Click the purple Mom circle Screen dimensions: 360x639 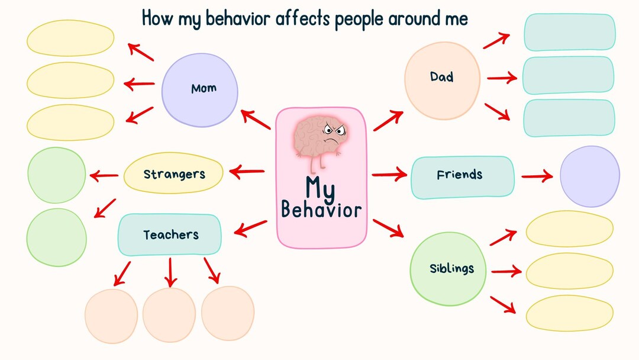[x=199, y=90]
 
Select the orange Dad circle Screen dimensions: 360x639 [x=442, y=80]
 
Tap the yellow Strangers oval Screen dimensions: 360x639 [x=173, y=173]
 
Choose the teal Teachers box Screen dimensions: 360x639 [x=170, y=235]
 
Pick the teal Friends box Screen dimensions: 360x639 [x=462, y=176]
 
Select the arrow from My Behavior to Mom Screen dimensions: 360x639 [x=256, y=120]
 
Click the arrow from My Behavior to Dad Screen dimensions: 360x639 [x=388, y=120]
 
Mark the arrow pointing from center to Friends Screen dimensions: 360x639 [x=389, y=175]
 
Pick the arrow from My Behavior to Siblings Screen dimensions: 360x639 [x=388, y=228]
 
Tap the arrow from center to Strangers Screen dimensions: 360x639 [x=246, y=172]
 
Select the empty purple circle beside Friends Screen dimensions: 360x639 [x=589, y=176]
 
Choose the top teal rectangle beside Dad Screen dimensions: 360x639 [x=569, y=32]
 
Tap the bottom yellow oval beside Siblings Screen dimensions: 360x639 [x=569, y=313]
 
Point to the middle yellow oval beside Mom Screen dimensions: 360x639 [x=70, y=80]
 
